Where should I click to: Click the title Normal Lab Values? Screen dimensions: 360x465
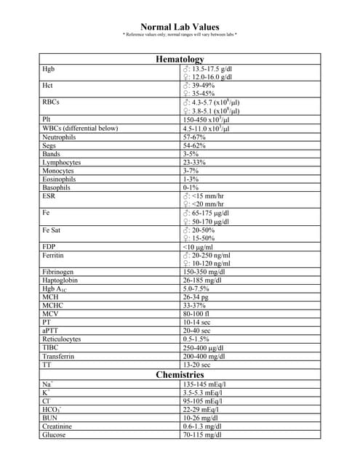tap(180, 27)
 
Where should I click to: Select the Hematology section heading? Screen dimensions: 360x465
tap(180, 59)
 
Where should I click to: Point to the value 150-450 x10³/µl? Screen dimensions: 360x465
tap(207, 119)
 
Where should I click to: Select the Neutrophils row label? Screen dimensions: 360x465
tap(58, 137)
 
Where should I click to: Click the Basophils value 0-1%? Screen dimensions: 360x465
tap(192, 187)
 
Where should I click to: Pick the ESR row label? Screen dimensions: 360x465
tap(49, 195)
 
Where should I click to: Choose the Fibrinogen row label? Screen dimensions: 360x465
tap(57, 272)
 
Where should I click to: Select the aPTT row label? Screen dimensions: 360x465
tap(50, 331)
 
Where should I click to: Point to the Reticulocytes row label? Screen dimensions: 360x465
tap(61, 339)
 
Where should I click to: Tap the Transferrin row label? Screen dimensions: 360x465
tap(58, 356)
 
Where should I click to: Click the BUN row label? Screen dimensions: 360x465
tap(49, 418)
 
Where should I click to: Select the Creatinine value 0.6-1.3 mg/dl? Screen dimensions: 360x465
tap(204, 426)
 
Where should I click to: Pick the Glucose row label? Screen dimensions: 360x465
tap(54, 434)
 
